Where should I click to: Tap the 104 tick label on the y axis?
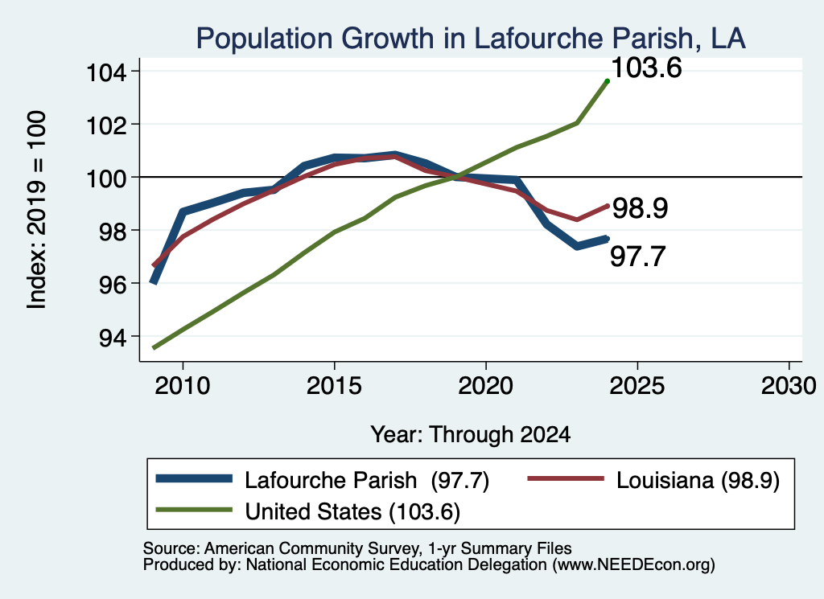[107, 72]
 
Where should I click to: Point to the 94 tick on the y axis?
[113, 337]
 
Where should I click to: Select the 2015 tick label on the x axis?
[334, 386]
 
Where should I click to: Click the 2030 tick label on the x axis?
[789, 386]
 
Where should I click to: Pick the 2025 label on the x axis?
[637, 386]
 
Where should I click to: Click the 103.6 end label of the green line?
[647, 68]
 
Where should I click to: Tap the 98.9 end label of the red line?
[640, 208]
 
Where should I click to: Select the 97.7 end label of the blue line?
[638, 256]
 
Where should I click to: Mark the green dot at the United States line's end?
[608, 81]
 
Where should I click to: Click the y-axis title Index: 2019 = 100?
[37, 210]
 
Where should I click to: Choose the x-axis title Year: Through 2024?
[470, 435]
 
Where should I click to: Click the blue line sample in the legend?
[195, 478]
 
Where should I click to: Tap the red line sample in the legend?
[566, 478]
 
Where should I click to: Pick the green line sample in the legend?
[195, 510]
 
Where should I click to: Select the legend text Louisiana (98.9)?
[698, 480]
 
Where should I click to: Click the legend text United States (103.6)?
[352, 512]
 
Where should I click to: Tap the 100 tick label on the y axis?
[107, 178]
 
